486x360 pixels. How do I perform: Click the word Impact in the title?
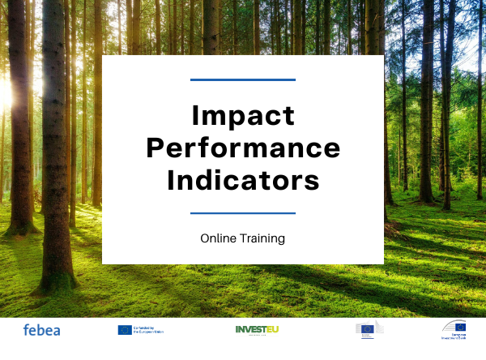243,117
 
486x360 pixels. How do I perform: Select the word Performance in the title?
243,149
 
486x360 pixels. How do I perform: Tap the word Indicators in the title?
243,180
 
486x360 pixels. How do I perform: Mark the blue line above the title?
243,79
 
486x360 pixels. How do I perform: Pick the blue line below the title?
243,212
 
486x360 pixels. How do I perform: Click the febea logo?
41,330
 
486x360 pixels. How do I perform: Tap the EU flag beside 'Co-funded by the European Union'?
124,330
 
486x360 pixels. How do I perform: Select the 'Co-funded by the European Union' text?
148,330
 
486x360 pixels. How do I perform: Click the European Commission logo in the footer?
368,328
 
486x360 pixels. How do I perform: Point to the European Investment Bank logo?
454,328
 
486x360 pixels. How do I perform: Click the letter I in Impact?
195,117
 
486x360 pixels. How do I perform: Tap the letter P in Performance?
155,149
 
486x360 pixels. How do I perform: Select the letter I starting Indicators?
171,180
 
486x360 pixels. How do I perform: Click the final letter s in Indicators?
313,181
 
